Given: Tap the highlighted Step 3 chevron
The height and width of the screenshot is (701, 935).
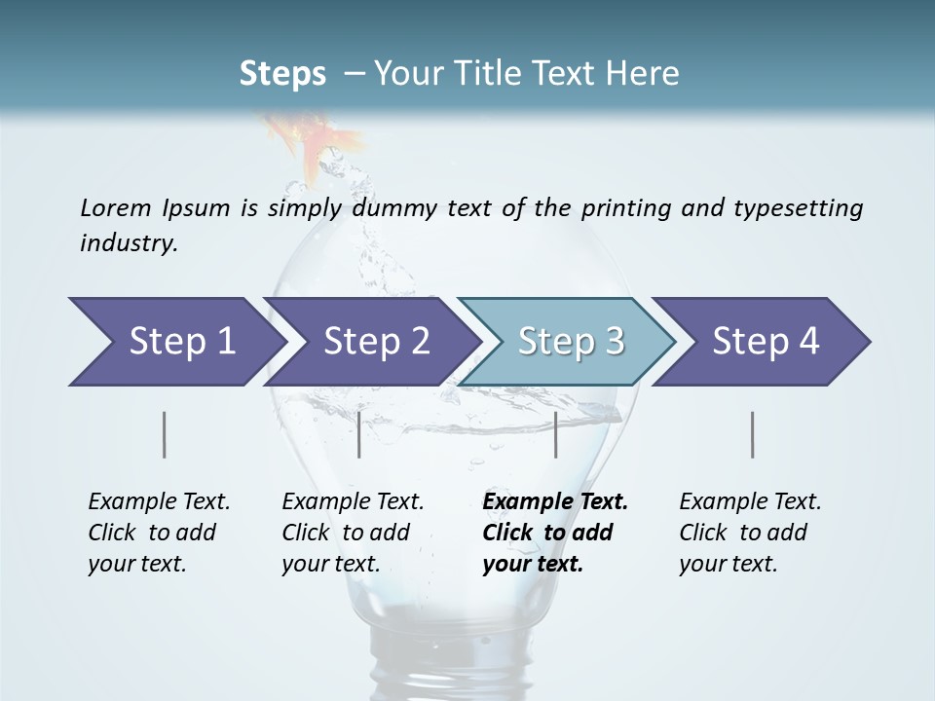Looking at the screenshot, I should (x=570, y=341).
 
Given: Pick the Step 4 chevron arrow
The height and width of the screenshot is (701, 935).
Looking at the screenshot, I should (x=766, y=341).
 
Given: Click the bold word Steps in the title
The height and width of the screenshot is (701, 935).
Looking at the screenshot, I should (x=282, y=73).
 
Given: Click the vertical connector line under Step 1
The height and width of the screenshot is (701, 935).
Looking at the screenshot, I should (x=165, y=434).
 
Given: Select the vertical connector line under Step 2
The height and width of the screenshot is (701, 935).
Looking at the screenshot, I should (x=359, y=434).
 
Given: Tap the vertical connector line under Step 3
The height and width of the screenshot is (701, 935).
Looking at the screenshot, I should (x=555, y=434).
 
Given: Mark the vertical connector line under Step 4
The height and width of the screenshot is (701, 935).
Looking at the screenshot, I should (x=753, y=434).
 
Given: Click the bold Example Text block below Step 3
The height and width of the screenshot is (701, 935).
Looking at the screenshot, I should (x=555, y=533).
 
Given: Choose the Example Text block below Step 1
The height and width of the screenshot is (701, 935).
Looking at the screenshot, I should (x=159, y=533).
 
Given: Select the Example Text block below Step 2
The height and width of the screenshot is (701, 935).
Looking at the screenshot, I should (x=353, y=533).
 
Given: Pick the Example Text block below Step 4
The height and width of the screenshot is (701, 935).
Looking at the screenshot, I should (x=750, y=533).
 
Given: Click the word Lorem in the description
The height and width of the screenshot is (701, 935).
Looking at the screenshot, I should (x=115, y=207).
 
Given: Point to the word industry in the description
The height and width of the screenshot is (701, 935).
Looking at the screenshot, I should (x=129, y=243).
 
